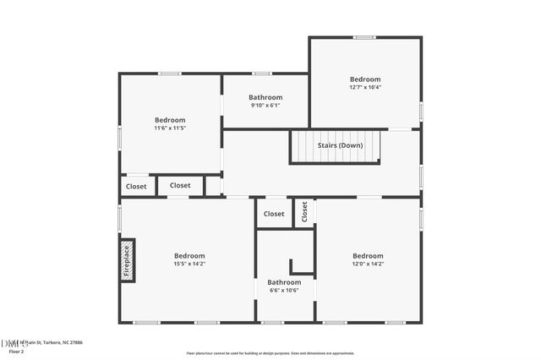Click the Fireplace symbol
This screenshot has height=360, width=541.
pyautogui.click(x=128, y=260)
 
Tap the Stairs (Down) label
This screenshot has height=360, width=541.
pyautogui.click(x=340, y=145)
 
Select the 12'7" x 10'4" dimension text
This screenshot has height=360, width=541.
pyautogui.click(x=365, y=87)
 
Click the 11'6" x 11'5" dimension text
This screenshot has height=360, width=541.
pyautogui.click(x=170, y=128)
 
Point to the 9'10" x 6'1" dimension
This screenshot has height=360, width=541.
pyautogui.click(x=265, y=106)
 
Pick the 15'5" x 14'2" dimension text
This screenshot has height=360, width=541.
pyautogui.click(x=189, y=264)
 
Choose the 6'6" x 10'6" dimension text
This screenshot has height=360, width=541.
pyautogui.click(x=284, y=290)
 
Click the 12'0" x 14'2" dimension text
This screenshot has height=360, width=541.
pyautogui.click(x=368, y=264)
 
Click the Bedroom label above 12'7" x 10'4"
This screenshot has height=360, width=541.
pyautogui.click(x=365, y=79)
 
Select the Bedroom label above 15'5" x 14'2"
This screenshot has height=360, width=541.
pyautogui.click(x=189, y=256)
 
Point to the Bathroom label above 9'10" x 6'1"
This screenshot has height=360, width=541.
pyautogui.click(x=265, y=97)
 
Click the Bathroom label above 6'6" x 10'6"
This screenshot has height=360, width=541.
pyautogui.click(x=284, y=282)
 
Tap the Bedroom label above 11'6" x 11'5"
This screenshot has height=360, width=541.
pyautogui.click(x=170, y=120)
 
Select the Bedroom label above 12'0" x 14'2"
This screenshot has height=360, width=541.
pyautogui.click(x=368, y=256)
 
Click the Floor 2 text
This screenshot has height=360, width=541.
pyautogui.click(x=9, y=352)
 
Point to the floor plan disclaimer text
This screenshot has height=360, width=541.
pyautogui.click(x=270, y=352)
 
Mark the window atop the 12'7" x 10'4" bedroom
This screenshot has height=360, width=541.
pyautogui.click(x=364, y=37)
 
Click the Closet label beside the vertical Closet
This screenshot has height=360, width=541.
pyautogui.click(x=274, y=214)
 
